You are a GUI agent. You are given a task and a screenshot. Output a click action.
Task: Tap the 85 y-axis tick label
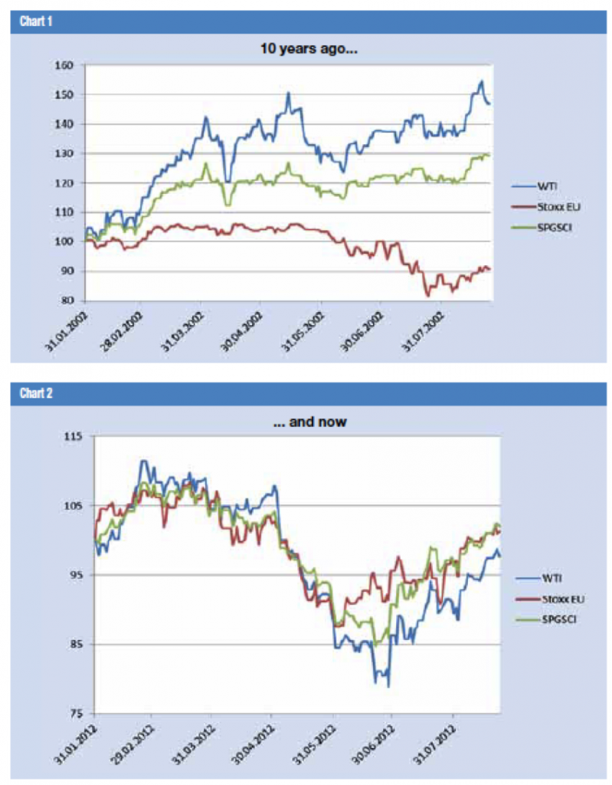[x=74, y=644]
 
